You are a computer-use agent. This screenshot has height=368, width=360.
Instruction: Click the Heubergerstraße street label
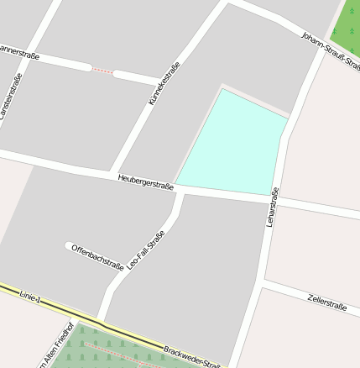pyautogui.click(x=145, y=181)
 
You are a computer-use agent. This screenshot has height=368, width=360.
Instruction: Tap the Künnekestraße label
pyautogui.click(x=164, y=84)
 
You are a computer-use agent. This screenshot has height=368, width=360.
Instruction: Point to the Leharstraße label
pyautogui.click(x=271, y=207)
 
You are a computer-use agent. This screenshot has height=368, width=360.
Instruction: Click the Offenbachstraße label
pyautogui.click(x=98, y=258)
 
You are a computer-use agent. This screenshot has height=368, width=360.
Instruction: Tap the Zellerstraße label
pyautogui.click(x=326, y=302)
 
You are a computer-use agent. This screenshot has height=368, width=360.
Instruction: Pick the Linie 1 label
pyautogui.click(x=29, y=296)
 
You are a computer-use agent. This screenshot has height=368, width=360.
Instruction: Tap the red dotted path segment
pyautogui.click(x=102, y=71)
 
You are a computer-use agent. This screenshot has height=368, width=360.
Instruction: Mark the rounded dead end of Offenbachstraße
pyautogui.click(x=69, y=246)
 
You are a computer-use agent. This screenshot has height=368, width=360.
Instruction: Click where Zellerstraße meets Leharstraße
pyautogui.click(x=263, y=287)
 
